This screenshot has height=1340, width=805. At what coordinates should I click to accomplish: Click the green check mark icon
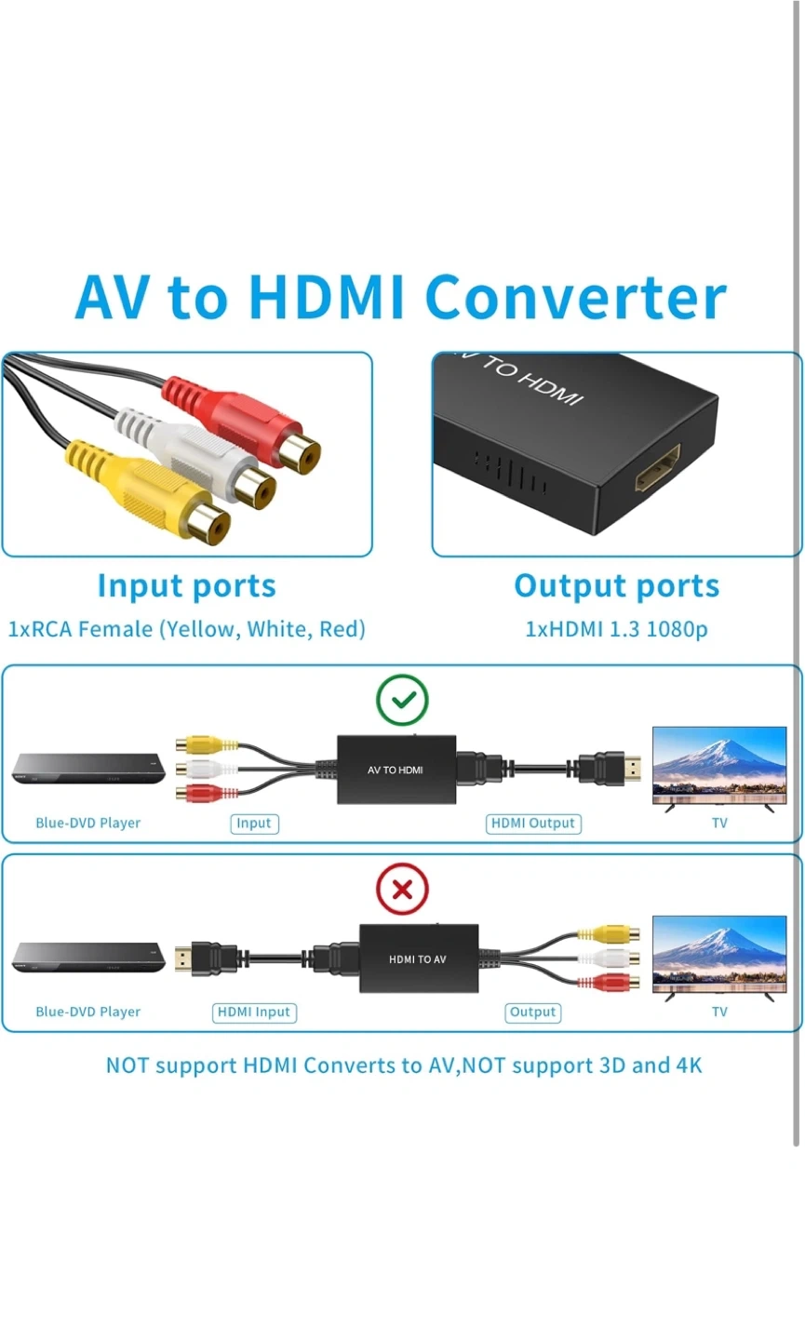coord(402,700)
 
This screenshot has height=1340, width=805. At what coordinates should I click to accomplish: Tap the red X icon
coord(402,890)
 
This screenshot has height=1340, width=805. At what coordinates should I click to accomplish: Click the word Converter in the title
coord(575,298)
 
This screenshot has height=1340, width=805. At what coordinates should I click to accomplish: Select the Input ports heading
coord(187,586)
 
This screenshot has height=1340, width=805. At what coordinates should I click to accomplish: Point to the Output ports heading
coord(617,586)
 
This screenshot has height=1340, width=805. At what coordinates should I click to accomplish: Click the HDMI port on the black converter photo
coord(657,468)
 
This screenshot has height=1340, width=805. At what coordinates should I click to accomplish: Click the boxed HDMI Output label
coord(533,824)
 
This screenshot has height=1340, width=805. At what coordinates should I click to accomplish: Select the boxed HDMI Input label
coord(254,1012)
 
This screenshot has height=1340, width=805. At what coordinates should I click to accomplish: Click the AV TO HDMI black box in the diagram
coord(396,770)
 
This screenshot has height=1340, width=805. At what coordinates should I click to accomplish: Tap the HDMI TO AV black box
coord(419,958)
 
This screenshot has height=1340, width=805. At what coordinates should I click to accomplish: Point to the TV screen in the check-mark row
coord(719,765)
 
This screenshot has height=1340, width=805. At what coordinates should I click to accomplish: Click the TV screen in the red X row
coord(719,954)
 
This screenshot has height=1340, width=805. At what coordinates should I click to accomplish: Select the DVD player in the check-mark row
coord(88,769)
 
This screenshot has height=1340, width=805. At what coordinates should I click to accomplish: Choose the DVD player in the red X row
coord(88,958)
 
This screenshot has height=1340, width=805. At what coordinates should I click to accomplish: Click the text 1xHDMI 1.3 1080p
coord(617,629)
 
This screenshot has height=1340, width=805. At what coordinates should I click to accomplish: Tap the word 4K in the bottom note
coord(689,1065)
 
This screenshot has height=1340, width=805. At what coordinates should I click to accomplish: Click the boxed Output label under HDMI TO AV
coord(533,1012)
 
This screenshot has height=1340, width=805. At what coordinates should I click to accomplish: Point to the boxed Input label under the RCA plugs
coord(254,824)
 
